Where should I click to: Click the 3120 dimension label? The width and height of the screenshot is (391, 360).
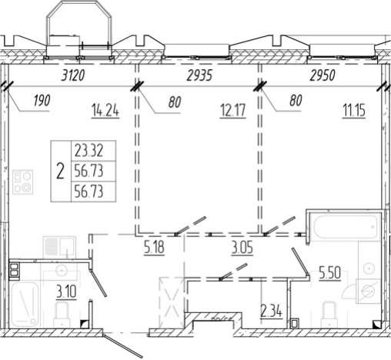point(73,76)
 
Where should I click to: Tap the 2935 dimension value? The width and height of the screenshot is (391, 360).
point(199,76)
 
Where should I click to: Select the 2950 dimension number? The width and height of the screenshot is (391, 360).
point(322,76)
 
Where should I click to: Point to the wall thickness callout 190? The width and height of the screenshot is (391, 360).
point(42,101)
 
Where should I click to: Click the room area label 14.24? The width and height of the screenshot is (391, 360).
point(105,111)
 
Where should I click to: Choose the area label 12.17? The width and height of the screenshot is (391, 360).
point(233,111)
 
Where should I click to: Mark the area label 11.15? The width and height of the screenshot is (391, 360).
point(354,111)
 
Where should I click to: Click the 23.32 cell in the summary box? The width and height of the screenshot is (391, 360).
point(89,151)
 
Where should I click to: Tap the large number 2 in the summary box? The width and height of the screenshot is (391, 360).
point(60,172)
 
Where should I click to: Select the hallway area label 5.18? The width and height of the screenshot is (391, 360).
point(154,248)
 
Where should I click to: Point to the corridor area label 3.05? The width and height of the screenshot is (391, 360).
point(242,248)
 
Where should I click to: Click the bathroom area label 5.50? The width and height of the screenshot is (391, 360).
point(330,272)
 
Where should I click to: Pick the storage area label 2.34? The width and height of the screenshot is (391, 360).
point(271,311)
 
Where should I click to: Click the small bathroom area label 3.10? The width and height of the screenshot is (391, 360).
point(66,292)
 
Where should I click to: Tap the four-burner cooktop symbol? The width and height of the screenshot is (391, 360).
point(23,182)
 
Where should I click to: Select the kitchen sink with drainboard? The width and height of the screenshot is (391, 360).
point(59,247)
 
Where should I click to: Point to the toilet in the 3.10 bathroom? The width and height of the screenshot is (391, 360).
point(62,315)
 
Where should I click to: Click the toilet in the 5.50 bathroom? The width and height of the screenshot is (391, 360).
point(329,315)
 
